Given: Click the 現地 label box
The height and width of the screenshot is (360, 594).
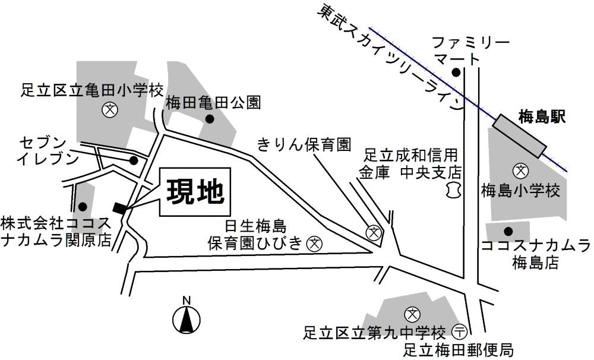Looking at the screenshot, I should click(194, 192).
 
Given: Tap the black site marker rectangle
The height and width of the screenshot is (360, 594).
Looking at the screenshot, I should click(120, 207).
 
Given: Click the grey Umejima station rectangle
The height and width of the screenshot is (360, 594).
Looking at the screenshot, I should click(519, 136).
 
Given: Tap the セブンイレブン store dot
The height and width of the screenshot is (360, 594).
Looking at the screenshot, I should click(134, 160).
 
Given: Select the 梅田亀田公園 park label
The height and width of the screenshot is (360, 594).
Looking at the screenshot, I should click(213, 102).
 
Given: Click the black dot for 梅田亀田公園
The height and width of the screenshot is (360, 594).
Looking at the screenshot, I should click(209, 119).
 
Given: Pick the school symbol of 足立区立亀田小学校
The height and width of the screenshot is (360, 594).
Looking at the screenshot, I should click(109, 109).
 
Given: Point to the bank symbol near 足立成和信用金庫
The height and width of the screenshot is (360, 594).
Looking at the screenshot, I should click(453, 190).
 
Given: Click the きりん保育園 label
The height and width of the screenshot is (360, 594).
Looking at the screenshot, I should click(304, 144).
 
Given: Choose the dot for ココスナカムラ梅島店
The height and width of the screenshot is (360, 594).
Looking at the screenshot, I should click(508, 231).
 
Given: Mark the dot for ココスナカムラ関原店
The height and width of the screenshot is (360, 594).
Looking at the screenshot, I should click(83, 207).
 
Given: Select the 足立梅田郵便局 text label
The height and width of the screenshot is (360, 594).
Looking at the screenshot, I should click(458, 349).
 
